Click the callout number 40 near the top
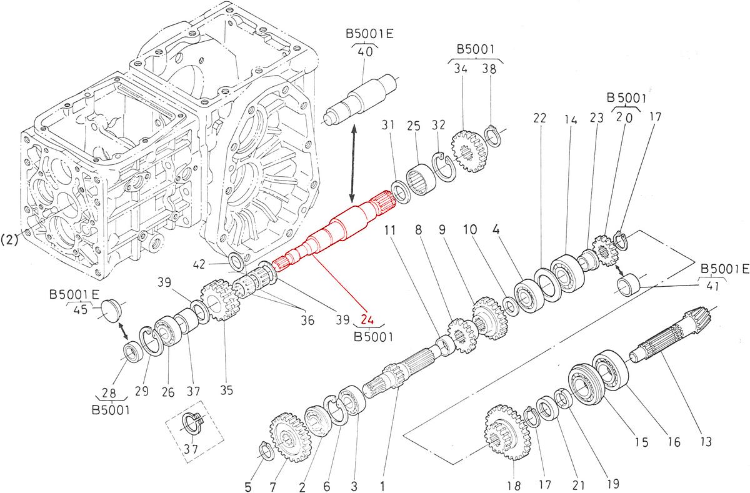(x=366, y=52)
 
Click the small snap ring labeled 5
(x=265, y=451)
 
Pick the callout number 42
(x=216, y=265)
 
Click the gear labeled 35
(x=220, y=299)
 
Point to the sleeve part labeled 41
(x=629, y=284)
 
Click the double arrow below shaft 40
(x=354, y=161)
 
